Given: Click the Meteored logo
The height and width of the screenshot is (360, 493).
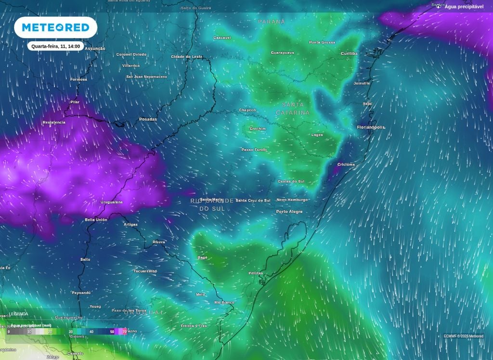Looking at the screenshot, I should (55, 27).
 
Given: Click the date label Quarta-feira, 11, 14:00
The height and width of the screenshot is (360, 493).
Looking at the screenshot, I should (55, 47).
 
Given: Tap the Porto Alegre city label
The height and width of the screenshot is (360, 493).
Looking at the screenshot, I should (289, 212).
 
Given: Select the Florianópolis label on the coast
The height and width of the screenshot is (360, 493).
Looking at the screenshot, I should (371, 127).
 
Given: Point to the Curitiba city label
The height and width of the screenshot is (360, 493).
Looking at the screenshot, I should (349, 53).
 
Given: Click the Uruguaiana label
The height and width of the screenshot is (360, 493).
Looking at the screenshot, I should (111, 202).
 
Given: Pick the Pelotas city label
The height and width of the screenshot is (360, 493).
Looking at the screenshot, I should (256, 273).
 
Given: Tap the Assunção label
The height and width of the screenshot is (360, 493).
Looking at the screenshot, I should (95, 49).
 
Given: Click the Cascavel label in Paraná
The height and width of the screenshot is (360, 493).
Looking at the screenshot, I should (222, 38).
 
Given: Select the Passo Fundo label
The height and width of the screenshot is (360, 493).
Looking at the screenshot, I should (254, 150).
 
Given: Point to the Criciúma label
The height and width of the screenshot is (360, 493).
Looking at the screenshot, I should (346, 165).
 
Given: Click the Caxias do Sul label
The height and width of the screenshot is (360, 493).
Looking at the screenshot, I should (291, 181).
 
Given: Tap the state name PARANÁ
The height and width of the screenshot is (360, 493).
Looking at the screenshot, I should (272, 22).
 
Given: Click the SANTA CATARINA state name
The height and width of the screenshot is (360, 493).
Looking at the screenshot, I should (293, 108).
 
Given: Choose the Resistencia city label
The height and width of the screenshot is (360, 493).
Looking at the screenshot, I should (54, 122).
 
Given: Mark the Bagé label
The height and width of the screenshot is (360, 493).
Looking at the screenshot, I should (202, 257).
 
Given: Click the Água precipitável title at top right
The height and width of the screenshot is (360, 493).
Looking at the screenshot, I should (464, 7).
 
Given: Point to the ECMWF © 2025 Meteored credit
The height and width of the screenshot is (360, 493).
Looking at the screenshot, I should (464, 336).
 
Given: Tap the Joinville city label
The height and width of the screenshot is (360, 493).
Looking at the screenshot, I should (362, 83).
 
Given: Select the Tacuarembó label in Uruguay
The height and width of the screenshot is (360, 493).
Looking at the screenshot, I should (145, 271).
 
